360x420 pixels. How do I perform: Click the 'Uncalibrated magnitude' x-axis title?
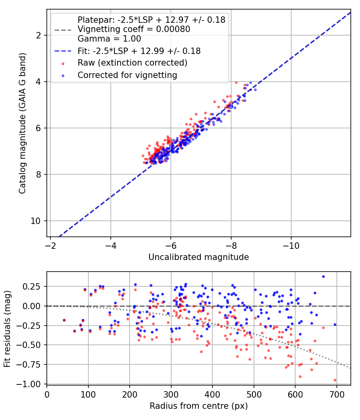click(x=198, y=257)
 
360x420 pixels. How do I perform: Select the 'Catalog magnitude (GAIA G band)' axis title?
click(x=22, y=123)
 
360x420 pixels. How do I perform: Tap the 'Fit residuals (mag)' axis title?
click(x=7, y=329)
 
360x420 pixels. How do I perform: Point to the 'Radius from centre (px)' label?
click(x=198, y=406)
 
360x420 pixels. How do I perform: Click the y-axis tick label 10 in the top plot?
click(x=36, y=221)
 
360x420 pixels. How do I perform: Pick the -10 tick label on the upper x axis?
click(x=291, y=246)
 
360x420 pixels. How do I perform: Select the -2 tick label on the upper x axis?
click(x=50, y=246)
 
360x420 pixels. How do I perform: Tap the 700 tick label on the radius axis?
click(x=336, y=394)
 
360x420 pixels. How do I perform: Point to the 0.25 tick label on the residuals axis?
click(x=32, y=286)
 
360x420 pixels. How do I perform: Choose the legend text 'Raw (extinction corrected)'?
click(x=132, y=63)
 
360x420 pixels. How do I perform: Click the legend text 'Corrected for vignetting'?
click(x=127, y=75)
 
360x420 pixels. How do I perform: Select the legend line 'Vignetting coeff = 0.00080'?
click(x=134, y=29)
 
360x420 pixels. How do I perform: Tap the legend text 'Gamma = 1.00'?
click(x=109, y=38)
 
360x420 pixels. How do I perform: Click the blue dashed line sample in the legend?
click(x=63, y=51)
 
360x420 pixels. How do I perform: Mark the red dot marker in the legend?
click(x=63, y=64)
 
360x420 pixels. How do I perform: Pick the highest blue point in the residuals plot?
click(x=323, y=276)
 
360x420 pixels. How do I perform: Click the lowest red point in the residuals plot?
click(x=335, y=380)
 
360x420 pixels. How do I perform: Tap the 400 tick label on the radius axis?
click(x=212, y=394)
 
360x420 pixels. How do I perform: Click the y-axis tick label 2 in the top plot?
click(x=38, y=35)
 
